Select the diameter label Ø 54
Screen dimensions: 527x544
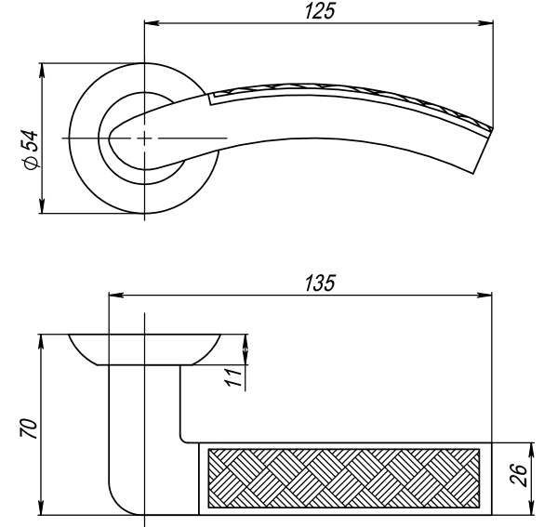31,149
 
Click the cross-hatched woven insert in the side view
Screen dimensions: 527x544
344,478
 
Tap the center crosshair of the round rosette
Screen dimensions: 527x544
145,138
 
